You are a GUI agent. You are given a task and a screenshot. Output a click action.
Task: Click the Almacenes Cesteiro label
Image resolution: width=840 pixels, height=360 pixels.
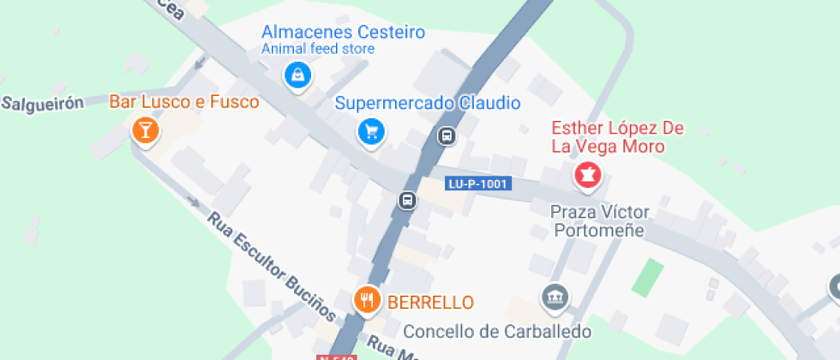[x=343, y=33]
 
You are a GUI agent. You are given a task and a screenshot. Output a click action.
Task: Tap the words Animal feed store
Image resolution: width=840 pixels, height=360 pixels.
[x=317, y=49]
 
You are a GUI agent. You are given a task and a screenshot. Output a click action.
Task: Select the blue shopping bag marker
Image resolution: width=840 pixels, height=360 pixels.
[x=297, y=75]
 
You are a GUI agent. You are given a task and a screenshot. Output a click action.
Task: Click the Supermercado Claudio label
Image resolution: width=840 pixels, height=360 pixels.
[x=427, y=104]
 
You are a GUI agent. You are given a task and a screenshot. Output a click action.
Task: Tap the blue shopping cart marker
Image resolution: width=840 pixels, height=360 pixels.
[x=371, y=131]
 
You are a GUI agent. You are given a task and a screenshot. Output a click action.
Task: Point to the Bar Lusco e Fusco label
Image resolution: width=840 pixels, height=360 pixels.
[x=183, y=102]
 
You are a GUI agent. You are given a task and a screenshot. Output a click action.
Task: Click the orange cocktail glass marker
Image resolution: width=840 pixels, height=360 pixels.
[x=145, y=130]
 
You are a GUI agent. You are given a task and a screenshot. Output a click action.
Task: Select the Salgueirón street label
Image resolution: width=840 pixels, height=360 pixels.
[x=42, y=104]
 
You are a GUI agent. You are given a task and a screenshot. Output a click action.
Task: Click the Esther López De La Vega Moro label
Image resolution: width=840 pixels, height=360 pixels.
[x=617, y=137]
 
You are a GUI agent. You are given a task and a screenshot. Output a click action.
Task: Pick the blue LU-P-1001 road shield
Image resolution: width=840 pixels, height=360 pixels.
[x=478, y=183]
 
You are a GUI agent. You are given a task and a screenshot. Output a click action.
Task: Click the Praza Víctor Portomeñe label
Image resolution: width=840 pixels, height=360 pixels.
[x=600, y=220]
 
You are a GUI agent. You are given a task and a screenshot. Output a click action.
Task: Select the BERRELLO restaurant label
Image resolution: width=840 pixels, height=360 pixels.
[x=430, y=302]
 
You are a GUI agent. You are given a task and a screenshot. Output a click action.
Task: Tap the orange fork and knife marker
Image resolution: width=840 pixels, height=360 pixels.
[x=369, y=299]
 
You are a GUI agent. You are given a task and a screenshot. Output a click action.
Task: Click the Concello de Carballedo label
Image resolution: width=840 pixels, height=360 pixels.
[x=497, y=331]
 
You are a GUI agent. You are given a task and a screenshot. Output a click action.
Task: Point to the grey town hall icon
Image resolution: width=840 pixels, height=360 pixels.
[x=555, y=297]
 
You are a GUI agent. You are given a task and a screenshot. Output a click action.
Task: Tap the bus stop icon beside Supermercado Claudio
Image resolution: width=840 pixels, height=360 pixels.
[x=446, y=135]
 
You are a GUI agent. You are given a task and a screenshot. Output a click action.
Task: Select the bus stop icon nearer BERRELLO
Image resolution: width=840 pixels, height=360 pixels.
[x=407, y=201]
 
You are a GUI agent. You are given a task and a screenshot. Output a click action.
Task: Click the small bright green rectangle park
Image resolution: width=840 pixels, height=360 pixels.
[x=648, y=278]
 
